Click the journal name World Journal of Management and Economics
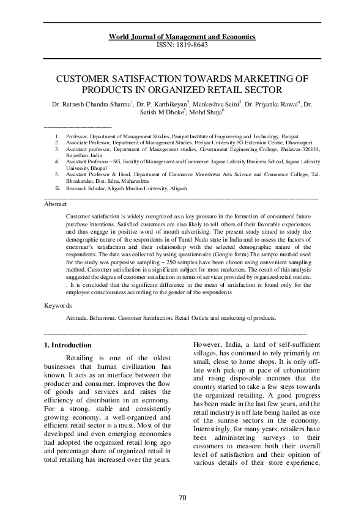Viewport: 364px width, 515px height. tap(182, 37)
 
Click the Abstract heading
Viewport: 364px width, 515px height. tap(56, 204)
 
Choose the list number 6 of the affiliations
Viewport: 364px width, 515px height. tap(58, 190)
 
